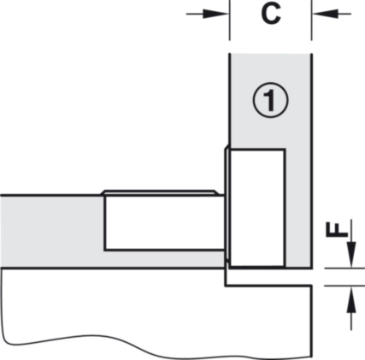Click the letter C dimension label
point(271,15)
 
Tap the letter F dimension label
point(337,230)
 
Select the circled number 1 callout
point(271,100)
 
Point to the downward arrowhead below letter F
point(351,254)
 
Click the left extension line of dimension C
point(229,21)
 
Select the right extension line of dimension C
point(311,21)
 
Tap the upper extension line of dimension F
point(344,268)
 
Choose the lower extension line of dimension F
point(344,285)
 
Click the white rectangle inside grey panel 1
point(257,208)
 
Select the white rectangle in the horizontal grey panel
point(164,223)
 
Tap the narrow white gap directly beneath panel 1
point(268,276)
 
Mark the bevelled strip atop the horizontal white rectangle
point(160,193)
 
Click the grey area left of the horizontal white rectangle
point(52,232)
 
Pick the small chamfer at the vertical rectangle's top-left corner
point(227,148)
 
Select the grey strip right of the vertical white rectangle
point(298,208)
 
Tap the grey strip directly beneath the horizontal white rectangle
point(164,259)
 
